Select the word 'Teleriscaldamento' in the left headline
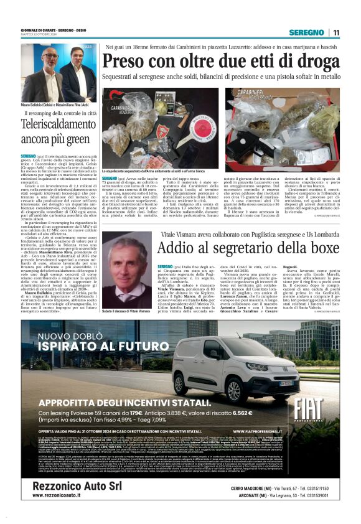57,124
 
